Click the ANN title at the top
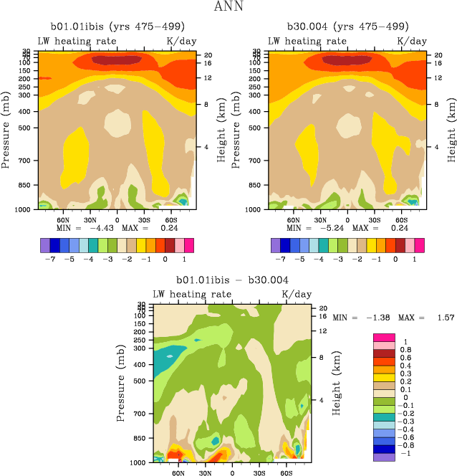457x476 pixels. click(228, 8)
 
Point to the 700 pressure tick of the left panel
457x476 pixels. click(28, 161)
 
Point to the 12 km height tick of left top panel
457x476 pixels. click(207, 77)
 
